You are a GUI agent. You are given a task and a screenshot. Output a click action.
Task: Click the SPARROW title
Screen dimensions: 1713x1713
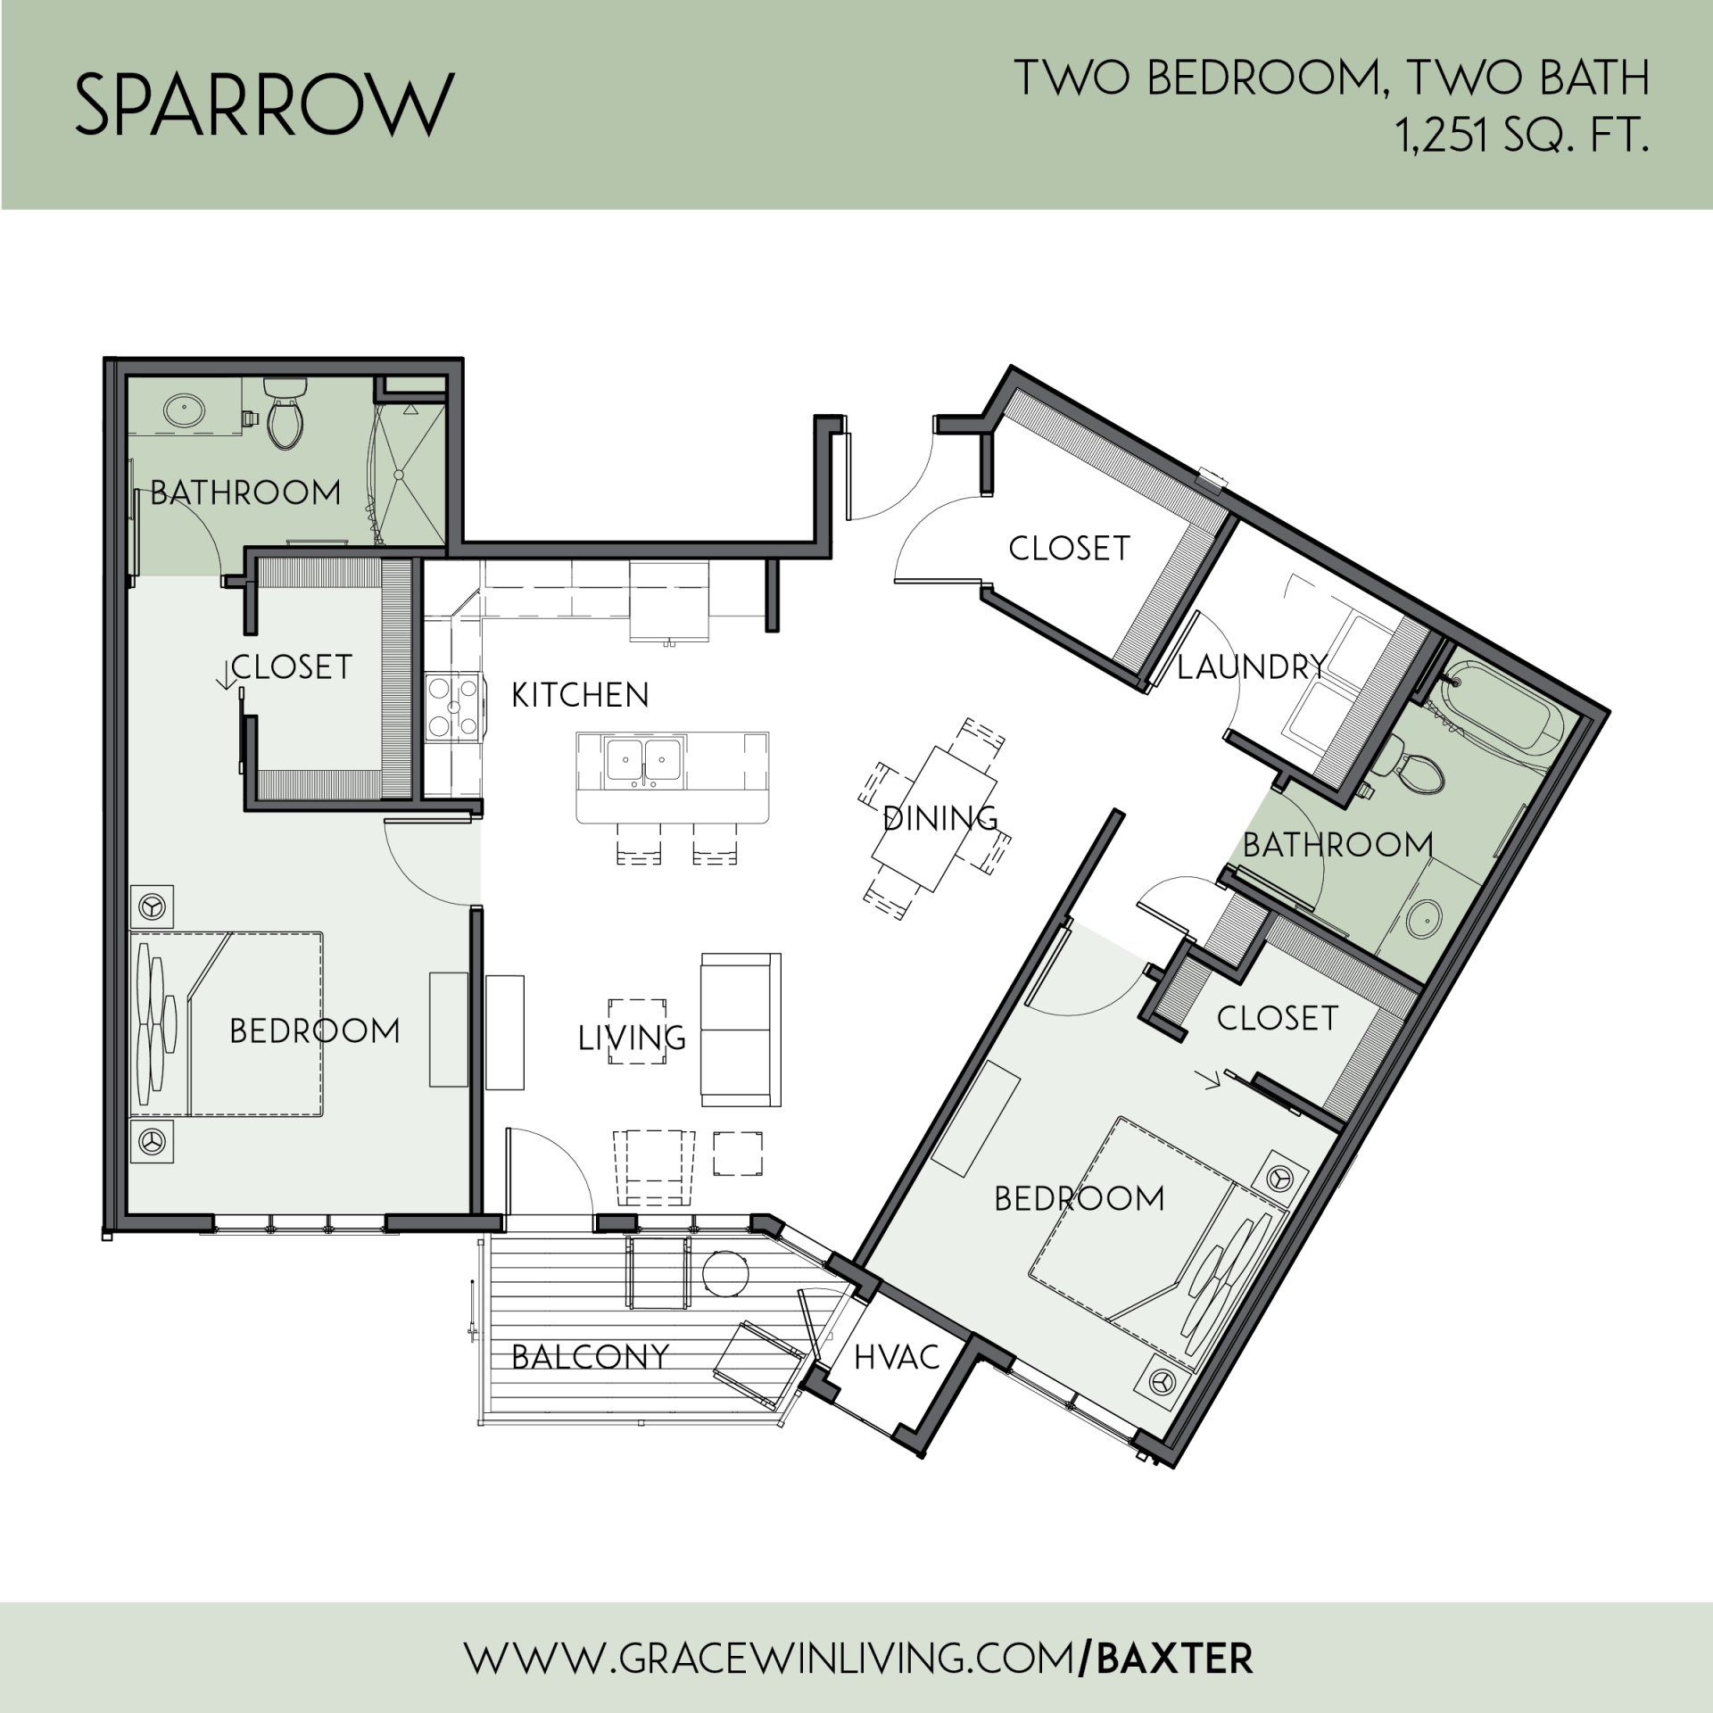[x=264, y=105]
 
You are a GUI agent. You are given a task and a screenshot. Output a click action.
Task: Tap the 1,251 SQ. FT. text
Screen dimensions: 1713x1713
[x=1522, y=139]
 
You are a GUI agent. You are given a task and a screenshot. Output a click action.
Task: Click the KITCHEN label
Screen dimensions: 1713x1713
[x=580, y=695]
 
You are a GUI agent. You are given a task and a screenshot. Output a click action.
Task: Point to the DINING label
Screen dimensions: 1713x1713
[x=940, y=818]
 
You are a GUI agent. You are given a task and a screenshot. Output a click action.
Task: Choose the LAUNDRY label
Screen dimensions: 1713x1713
[x=1253, y=666]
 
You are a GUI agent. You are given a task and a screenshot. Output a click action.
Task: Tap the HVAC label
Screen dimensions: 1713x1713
[x=897, y=1357]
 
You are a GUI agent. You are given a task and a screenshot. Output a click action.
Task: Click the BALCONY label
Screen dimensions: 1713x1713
[x=591, y=1357]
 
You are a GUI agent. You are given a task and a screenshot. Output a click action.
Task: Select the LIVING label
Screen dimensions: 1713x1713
[x=633, y=1038]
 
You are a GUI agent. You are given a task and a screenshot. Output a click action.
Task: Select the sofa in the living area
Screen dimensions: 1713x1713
[x=741, y=1030]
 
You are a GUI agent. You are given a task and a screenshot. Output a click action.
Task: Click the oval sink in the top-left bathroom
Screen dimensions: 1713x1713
[x=185, y=411]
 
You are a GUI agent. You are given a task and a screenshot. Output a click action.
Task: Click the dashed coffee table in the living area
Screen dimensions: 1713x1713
[x=637, y=1031]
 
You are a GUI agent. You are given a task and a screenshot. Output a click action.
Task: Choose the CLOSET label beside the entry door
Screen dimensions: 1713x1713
[x=1070, y=548]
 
